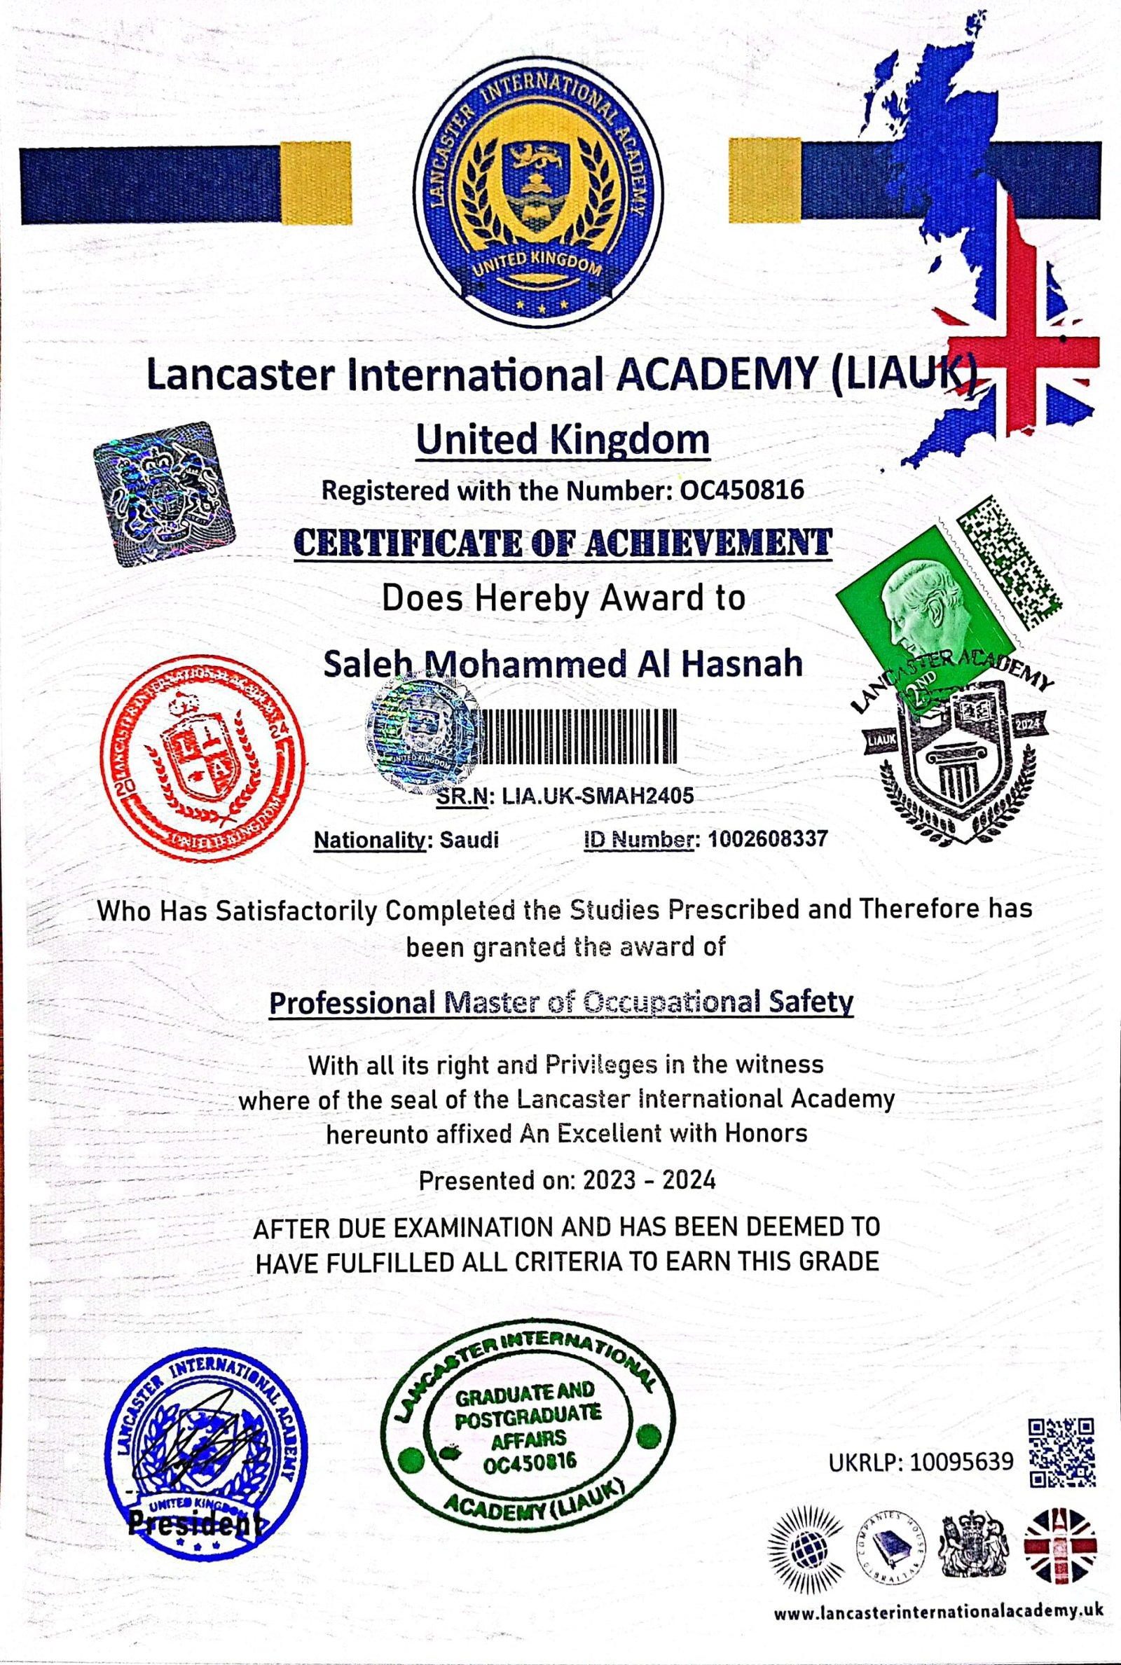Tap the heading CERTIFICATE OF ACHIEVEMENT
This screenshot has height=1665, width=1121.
click(563, 543)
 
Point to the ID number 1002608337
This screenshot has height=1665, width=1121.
click(766, 839)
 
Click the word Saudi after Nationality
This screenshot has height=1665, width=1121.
click(469, 840)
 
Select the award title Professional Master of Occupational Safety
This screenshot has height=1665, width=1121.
click(560, 1002)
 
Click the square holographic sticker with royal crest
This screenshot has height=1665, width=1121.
click(165, 493)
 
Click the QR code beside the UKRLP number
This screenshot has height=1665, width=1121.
click(1061, 1451)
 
